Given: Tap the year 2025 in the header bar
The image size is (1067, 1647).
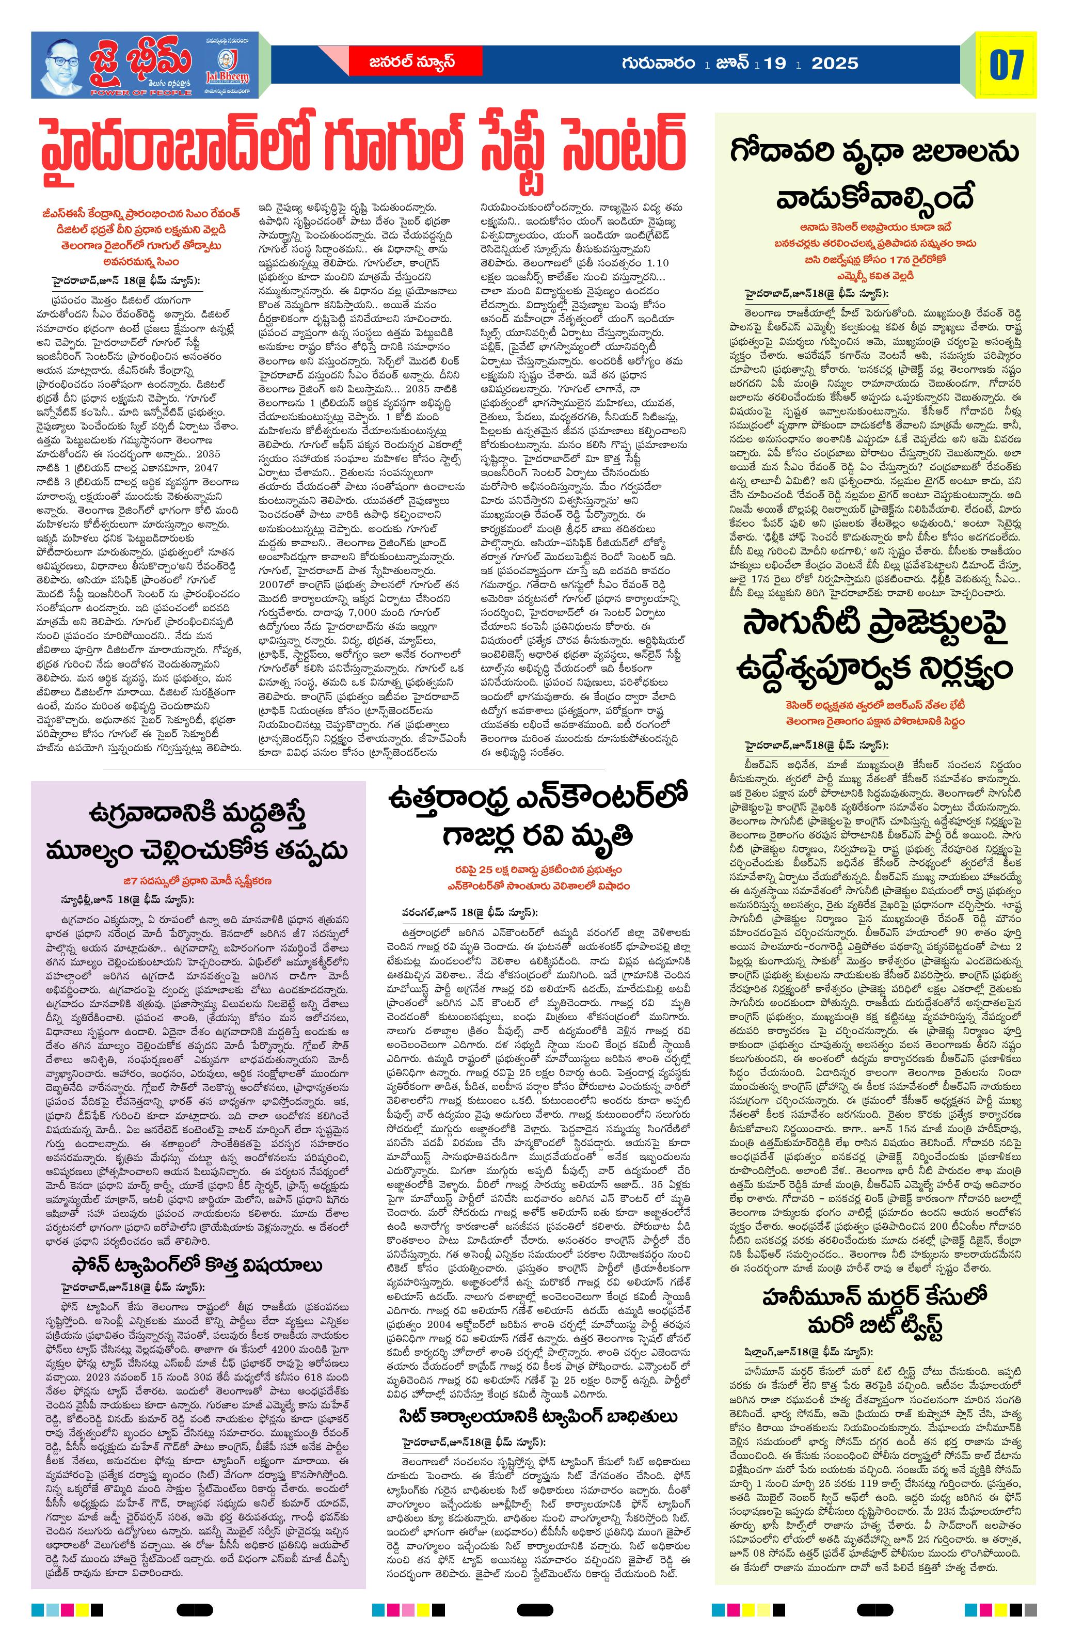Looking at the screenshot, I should click(835, 64).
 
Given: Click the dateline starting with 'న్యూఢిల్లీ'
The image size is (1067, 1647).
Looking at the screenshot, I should click(128, 899).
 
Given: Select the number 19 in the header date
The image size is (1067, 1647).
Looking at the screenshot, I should click(775, 64).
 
